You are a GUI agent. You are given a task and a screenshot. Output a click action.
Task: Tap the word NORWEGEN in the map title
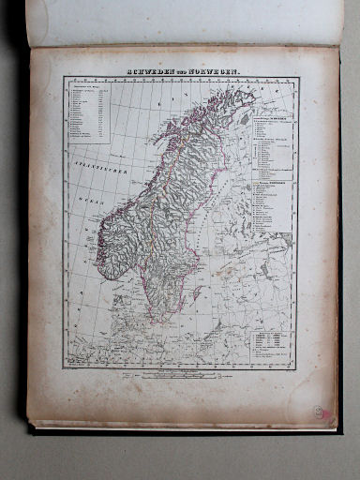[214, 72]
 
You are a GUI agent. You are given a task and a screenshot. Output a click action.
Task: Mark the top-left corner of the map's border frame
[64, 79]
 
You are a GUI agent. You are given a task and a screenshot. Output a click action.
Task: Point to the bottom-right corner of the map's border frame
[297, 367]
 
